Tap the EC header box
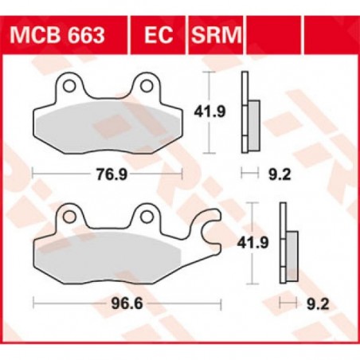click(x=158, y=37)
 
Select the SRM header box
click(x=216, y=37)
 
